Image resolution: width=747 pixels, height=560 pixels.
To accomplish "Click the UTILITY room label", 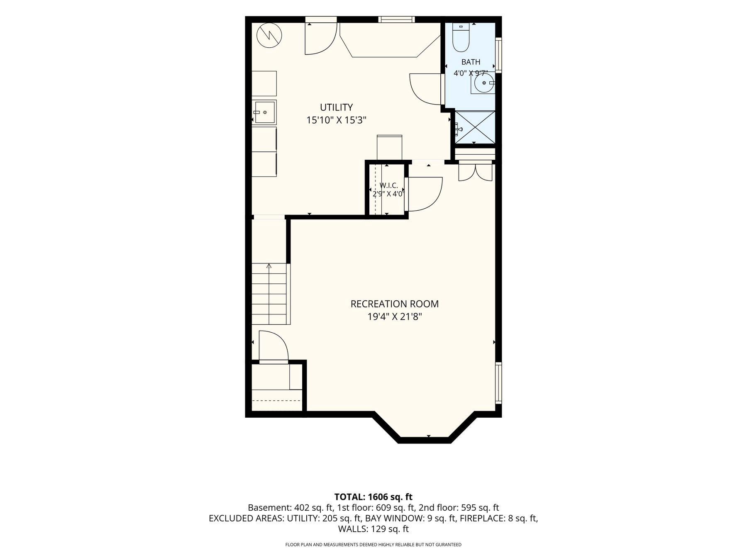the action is point(336,107).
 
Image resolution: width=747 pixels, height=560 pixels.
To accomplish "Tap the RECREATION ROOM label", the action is point(395,304).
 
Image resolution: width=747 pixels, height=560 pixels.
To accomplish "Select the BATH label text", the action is point(471,62).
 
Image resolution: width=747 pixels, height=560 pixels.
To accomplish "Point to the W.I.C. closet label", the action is point(388,185).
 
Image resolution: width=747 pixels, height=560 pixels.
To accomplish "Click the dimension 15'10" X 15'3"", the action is point(336,120).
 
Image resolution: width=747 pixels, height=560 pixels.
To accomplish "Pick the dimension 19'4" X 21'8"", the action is point(395,317).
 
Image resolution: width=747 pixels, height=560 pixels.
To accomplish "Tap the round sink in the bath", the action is point(484,83).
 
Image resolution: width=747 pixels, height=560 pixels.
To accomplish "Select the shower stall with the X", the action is point(475,127).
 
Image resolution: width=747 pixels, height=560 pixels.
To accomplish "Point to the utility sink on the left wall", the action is point(264,112).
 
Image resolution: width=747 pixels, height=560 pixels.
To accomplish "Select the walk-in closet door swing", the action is point(425,194).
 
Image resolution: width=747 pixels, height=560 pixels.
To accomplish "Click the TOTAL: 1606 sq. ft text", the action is point(373,497).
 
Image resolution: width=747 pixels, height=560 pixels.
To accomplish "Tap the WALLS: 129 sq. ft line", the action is point(373,529).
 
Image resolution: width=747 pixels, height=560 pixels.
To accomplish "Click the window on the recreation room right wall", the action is point(498,382).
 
